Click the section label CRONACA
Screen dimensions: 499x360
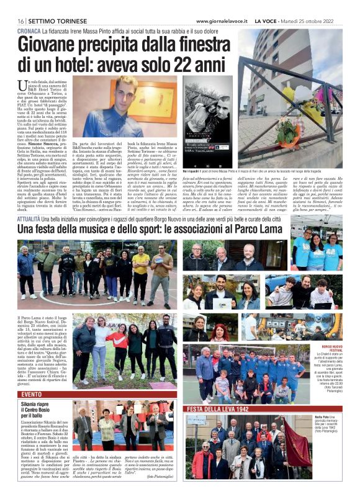[29, 30]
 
